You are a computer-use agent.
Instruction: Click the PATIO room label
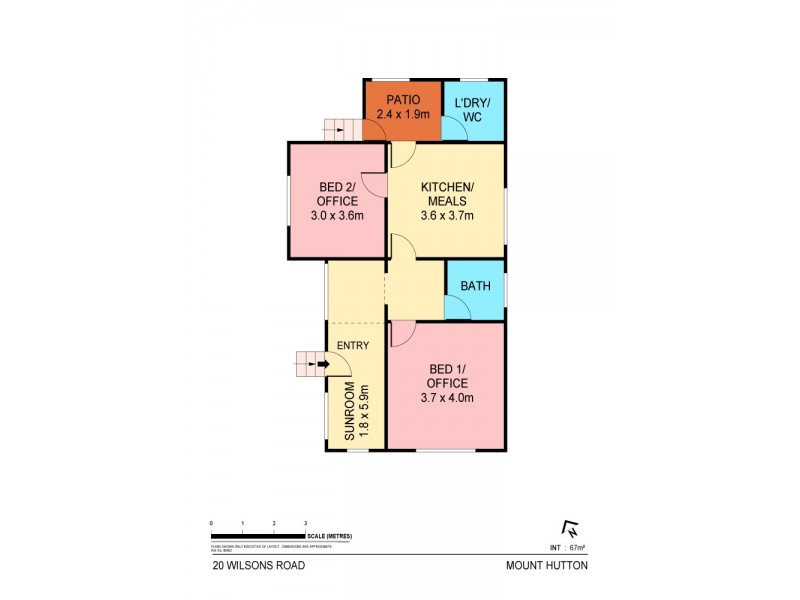point(401,100)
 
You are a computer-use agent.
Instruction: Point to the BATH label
point(474,286)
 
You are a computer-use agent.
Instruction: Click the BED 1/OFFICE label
point(447,377)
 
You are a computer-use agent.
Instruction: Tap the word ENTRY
point(354,346)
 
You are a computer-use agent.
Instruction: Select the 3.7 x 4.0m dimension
point(447,398)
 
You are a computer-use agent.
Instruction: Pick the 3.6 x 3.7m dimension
point(447,215)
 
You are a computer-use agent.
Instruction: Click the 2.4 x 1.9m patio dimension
point(402,115)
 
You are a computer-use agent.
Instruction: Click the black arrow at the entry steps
point(320,365)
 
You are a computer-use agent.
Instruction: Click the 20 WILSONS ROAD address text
point(258,565)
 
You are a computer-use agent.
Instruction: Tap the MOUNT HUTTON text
point(547,565)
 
